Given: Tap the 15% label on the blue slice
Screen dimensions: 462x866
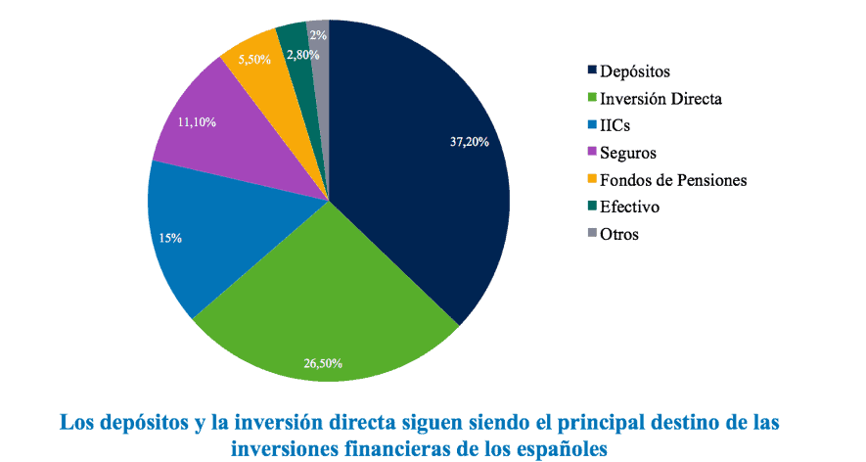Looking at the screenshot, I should coord(169,238).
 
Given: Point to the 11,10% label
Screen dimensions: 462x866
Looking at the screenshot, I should coord(198,123).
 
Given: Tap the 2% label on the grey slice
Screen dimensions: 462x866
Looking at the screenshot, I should coord(318,34).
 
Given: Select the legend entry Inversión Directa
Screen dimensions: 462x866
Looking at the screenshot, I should coord(661,98).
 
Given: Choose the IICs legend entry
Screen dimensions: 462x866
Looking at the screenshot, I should coord(617,125).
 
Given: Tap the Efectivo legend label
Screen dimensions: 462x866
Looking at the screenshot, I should coord(629,208).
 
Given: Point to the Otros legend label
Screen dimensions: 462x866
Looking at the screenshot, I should coord(619,235).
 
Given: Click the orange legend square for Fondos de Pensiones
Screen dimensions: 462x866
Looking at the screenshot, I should coord(591,180).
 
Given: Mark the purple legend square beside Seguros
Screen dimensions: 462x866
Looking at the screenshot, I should coord(591,153).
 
